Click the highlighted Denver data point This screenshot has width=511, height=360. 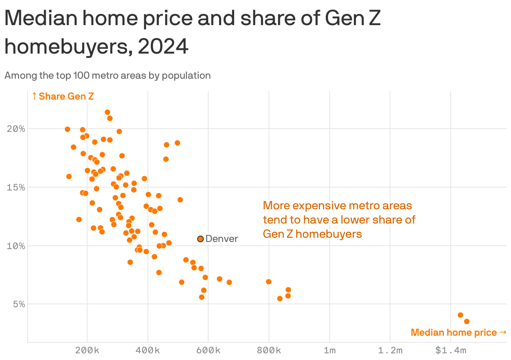201,239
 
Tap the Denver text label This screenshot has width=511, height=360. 222,239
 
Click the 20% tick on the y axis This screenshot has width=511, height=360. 16,129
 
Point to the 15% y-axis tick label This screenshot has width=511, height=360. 16,187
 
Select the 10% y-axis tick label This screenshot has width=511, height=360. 16,246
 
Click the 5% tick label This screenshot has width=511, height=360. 18,304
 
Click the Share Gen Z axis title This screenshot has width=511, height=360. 63,96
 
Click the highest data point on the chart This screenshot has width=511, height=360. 107,112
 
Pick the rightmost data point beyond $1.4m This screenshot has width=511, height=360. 467,321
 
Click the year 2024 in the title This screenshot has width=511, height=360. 163,47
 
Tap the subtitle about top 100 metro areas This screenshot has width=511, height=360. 107,76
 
